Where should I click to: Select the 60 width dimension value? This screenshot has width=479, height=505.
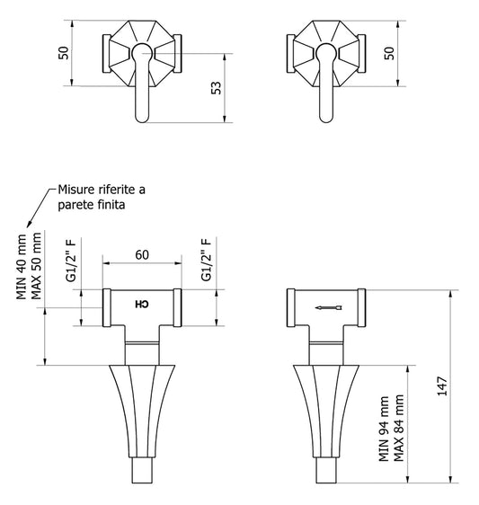click(x=142, y=254)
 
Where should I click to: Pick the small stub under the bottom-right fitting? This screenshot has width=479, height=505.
click(x=324, y=473)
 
